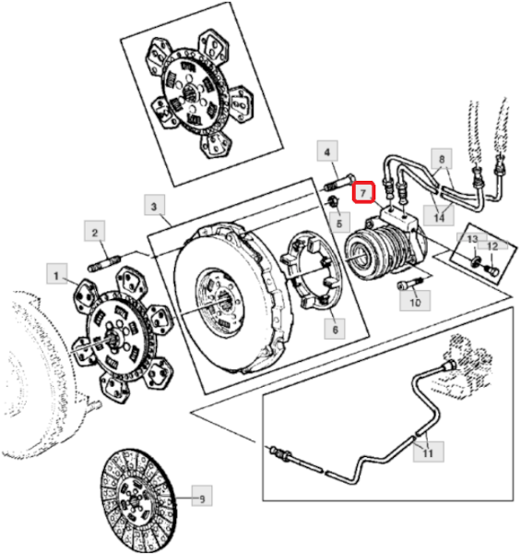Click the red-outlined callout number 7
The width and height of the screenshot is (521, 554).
click(x=363, y=193)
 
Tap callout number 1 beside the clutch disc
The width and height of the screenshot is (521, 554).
click(x=56, y=274)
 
